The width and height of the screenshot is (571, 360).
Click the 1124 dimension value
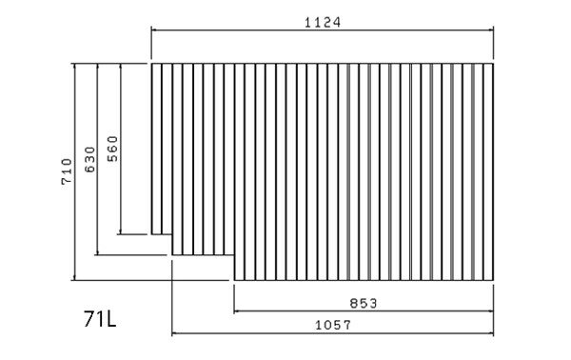coord(323,23)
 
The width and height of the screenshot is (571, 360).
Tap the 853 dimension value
coord(364,303)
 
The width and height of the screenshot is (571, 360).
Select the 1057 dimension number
coord(333,325)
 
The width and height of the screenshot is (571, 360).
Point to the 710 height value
coord(67,171)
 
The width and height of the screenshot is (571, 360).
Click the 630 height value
coord(89,160)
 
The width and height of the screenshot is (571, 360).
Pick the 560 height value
coord(112,149)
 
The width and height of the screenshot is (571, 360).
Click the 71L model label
coord(100,319)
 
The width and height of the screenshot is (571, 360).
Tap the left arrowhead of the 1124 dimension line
coord(153,30)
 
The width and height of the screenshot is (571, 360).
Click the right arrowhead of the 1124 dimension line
coord(491,30)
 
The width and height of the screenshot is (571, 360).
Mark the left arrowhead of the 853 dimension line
coord(236,311)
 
